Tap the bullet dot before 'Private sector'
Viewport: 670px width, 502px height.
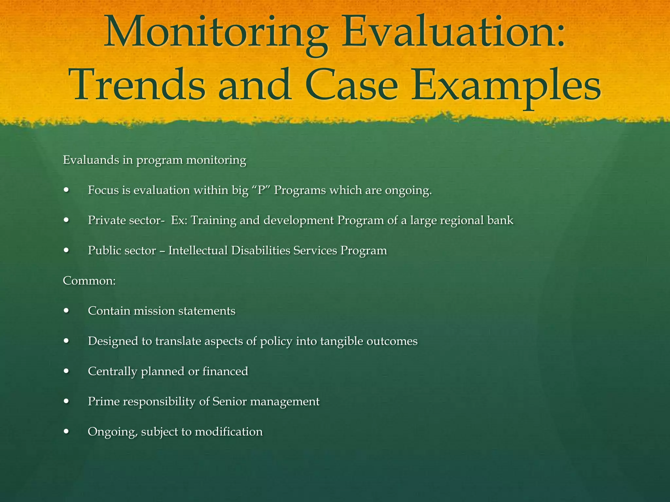click(67, 220)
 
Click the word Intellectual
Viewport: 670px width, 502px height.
click(198, 250)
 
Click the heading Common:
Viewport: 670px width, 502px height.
click(89, 281)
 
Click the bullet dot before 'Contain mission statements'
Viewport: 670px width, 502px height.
click(67, 311)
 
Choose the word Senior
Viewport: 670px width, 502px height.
click(229, 401)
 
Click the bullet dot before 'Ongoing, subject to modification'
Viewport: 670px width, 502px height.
click(67, 432)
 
